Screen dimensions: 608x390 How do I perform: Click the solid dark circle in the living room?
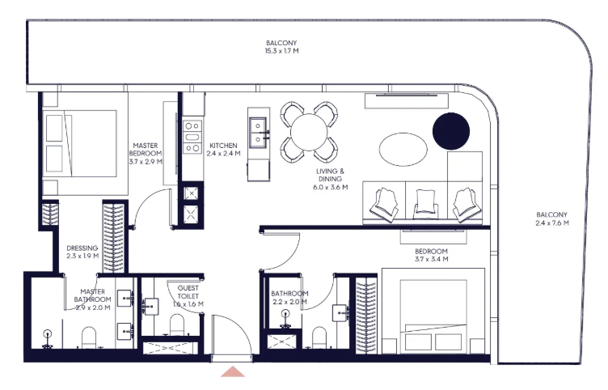(451, 131)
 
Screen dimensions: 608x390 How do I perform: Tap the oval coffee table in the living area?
(403, 150)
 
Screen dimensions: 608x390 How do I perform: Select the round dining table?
(309, 132)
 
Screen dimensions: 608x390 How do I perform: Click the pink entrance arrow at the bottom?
(233, 371)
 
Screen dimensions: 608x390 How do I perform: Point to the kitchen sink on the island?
(258, 133)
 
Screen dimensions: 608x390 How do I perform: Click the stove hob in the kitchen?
(192, 137)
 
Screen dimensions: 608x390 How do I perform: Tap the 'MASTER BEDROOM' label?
(146, 150)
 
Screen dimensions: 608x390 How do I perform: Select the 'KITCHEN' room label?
(223, 146)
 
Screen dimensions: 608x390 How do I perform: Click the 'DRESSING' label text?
(82, 248)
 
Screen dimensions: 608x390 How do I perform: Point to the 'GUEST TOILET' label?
(188, 292)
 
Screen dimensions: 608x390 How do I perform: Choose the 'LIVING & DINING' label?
(330, 175)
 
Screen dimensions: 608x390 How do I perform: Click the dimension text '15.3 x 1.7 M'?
(282, 51)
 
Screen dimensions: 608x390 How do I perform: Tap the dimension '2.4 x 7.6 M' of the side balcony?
(552, 223)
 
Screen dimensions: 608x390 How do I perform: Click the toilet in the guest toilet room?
(177, 324)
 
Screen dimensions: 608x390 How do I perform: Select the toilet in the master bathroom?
(89, 337)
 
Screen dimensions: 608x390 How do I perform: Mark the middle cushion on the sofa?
(426, 203)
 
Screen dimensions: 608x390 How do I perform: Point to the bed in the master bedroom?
(80, 143)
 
